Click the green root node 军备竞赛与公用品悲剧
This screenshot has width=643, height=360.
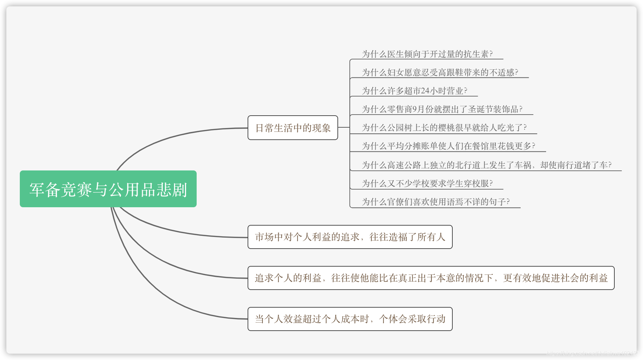tap(108, 189)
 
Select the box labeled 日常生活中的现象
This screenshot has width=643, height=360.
tap(292, 128)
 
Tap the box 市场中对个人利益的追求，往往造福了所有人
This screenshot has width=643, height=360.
tap(350, 237)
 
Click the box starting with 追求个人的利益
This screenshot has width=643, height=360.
tap(431, 278)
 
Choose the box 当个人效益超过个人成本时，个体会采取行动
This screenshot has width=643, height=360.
tap(350, 319)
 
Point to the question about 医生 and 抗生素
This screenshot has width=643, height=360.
tap(427, 54)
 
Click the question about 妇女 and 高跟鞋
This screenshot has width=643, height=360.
tap(440, 72)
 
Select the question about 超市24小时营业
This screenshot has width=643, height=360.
tap(414, 91)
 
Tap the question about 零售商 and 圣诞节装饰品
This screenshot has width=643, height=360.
tap(442, 109)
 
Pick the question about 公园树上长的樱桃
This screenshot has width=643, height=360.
tap(444, 128)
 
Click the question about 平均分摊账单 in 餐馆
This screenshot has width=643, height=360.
tap(448, 146)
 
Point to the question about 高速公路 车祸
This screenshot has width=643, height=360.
tap(486, 165)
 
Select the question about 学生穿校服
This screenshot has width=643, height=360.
tap(427, 184)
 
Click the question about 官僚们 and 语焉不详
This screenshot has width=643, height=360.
tap(435, 202)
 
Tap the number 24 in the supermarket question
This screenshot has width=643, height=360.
tap(425, 91)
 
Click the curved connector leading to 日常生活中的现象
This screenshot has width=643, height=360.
tap(170, 138)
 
